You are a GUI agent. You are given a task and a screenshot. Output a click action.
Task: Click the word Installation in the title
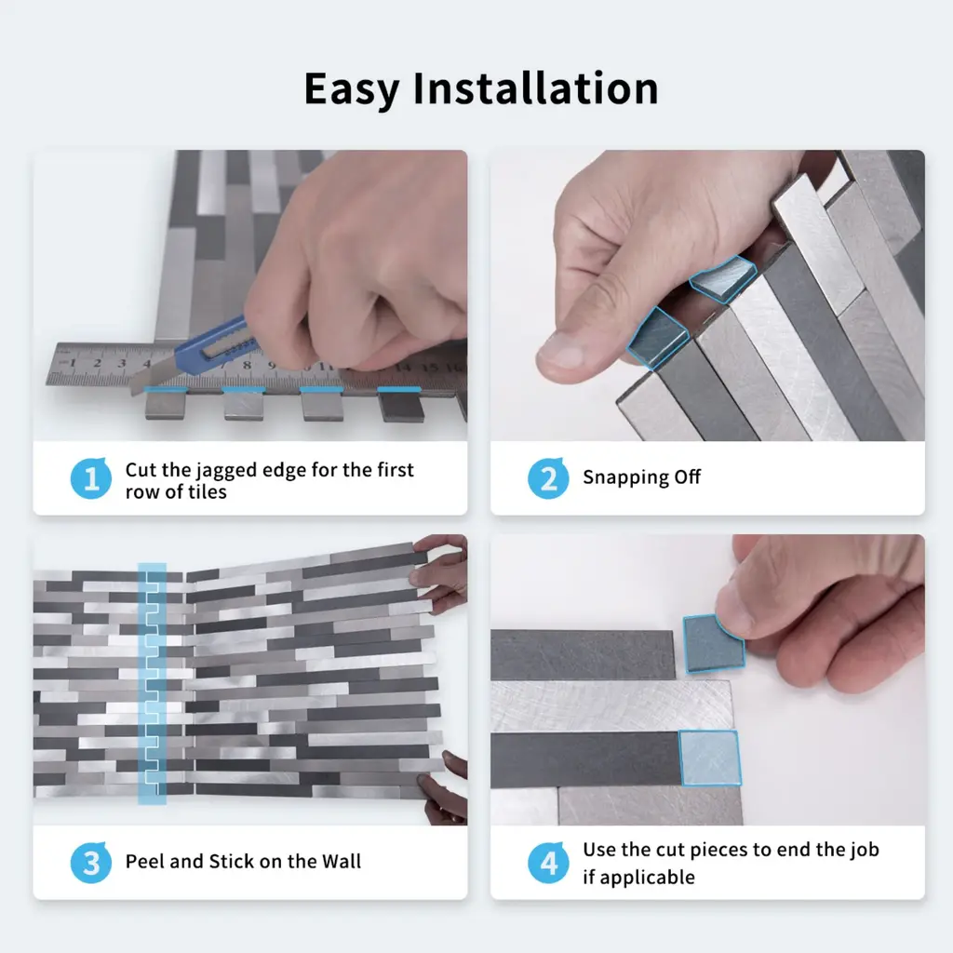pos(535,88)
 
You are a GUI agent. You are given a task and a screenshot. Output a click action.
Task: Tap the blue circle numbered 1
pos(91,478)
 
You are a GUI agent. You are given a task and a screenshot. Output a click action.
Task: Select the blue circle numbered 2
pos(548,478)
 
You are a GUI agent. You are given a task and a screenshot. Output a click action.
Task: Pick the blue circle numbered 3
pos(91,863)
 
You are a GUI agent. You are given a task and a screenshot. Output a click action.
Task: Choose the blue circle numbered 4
pos(548,863)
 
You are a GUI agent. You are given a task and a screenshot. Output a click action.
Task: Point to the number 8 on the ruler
pos(247,365)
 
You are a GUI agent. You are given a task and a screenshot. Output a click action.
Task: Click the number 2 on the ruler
pos(97,363)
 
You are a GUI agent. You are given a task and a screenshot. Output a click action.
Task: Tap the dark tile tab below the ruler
pos(401,406)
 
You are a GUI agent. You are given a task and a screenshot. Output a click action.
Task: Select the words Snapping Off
pos(641,477)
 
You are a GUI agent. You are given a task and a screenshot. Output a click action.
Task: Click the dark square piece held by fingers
pos(713,644)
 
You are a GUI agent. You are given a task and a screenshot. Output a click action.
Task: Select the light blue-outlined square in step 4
pos(710,758)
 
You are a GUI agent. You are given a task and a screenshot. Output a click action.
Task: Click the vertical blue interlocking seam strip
pos(152,683)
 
